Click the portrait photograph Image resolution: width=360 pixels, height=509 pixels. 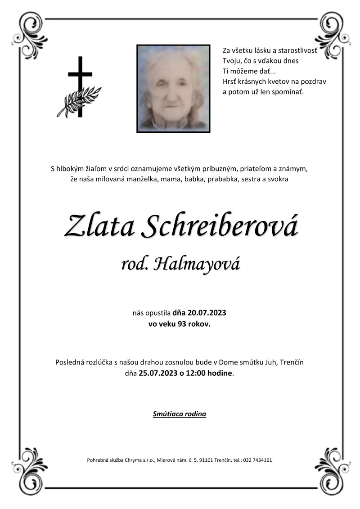point(173,88)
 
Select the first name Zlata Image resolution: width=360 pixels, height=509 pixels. point(99,226)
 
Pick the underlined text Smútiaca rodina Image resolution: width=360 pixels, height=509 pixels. point(180,414)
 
